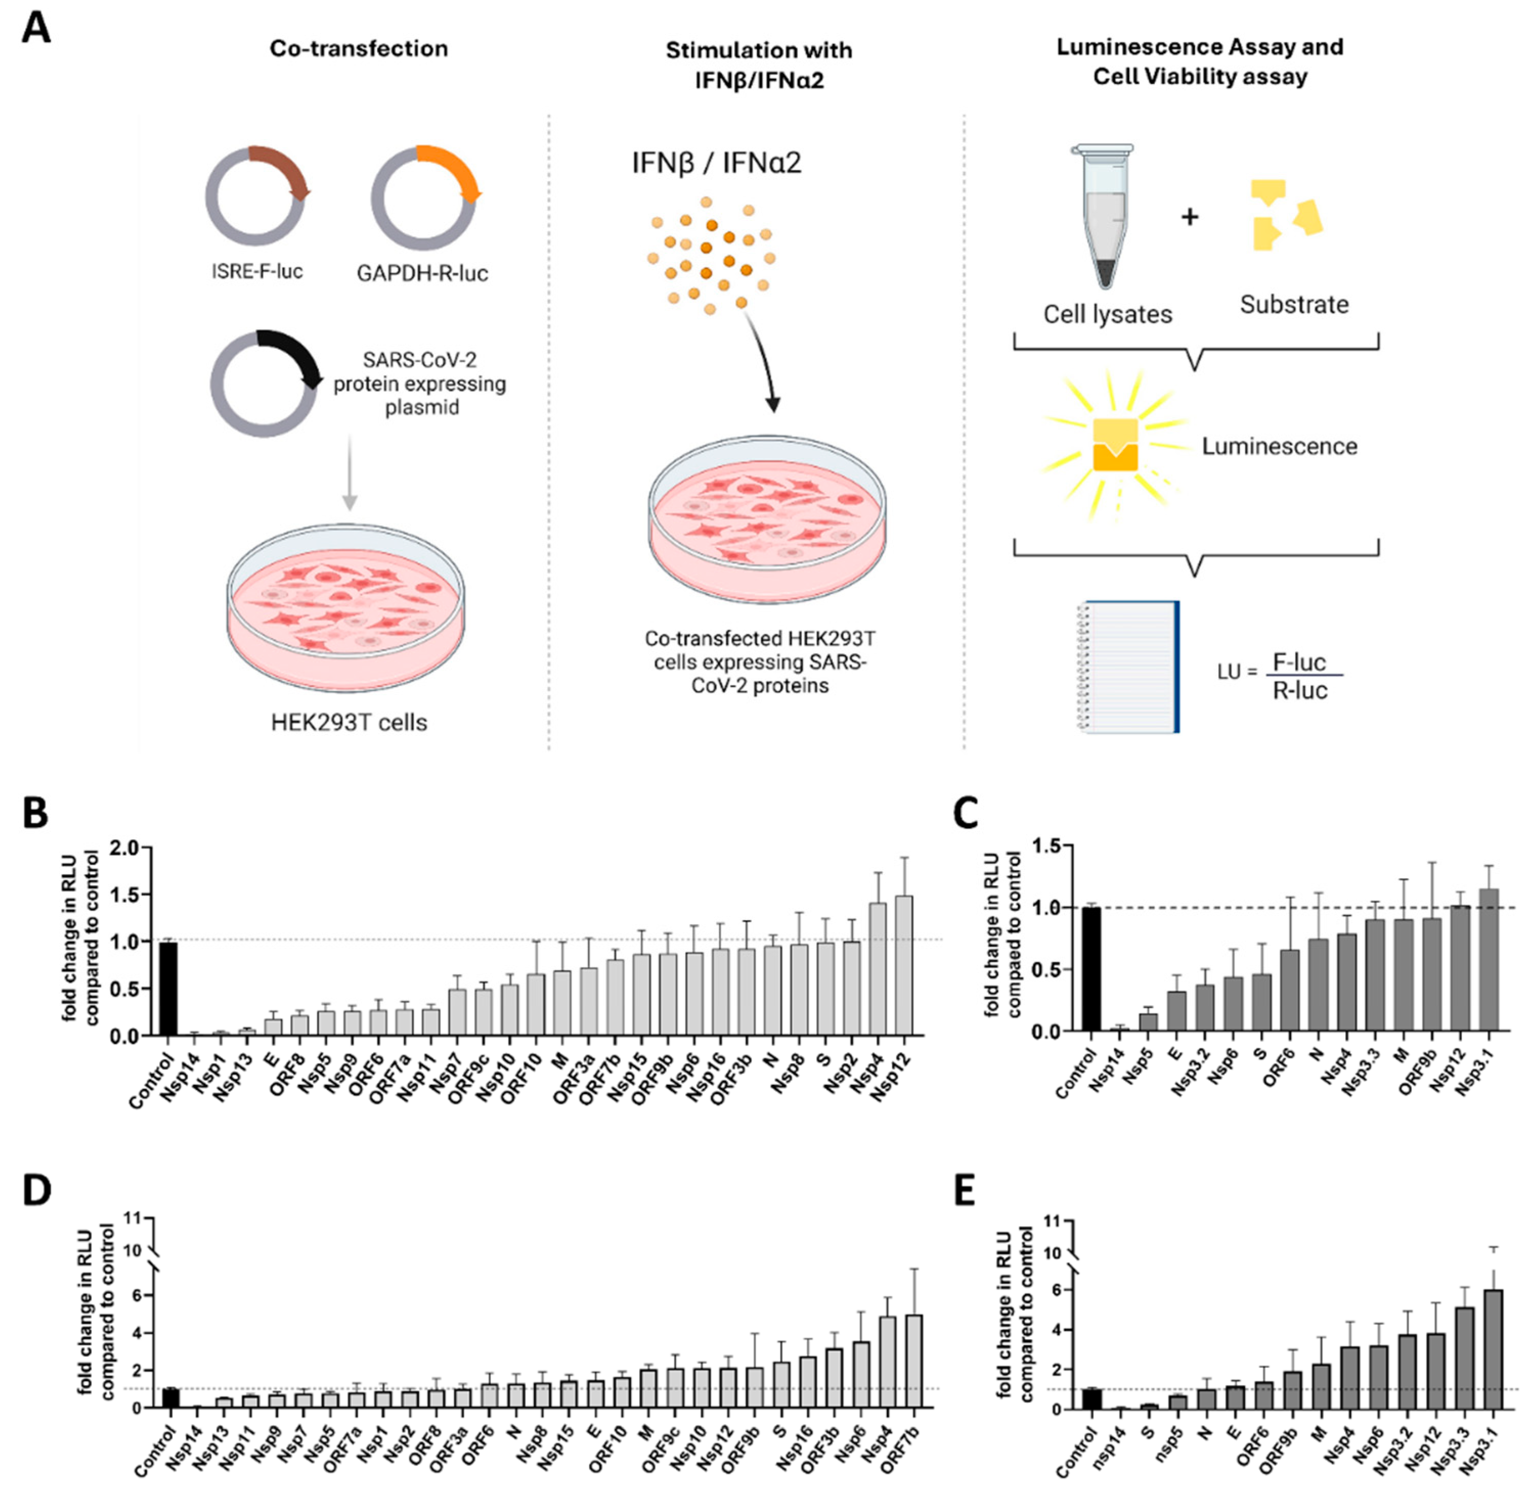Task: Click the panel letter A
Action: (36, 29)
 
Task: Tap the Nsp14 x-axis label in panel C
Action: (1108, 1071)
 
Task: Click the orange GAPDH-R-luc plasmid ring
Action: (424, 198)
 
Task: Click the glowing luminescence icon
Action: (1115, 446)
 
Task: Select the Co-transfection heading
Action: (359, 49)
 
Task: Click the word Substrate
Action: (1294, 304)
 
